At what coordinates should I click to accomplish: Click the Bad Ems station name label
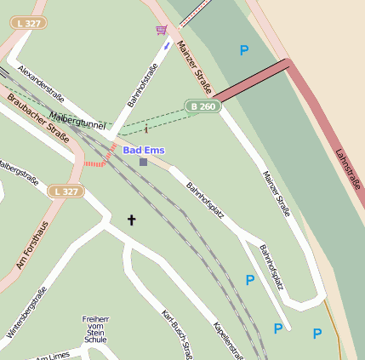click(143, 150)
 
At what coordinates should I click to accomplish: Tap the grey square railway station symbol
click(143, 162)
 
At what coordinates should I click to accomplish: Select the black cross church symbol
click(132, 220)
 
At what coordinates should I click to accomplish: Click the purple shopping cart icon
click(161, 30)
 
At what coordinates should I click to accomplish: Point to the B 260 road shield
click(200, 106)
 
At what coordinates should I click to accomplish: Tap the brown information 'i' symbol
click(146, 129)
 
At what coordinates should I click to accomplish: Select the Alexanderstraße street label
click(41, 83)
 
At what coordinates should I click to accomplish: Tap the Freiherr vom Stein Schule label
click(95, 329)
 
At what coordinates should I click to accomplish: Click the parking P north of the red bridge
click(244, 51)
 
